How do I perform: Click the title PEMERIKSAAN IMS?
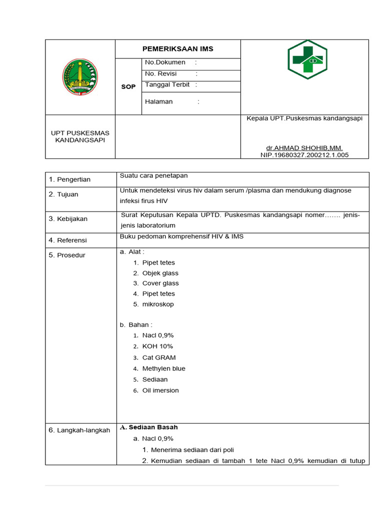tap(178, 48)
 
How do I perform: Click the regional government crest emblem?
tap(80, 77)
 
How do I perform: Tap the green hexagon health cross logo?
tap(307, 60)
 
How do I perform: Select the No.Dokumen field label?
tap(165, 62)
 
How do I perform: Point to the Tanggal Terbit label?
tap(167, 85)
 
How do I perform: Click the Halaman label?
tap(158, 101)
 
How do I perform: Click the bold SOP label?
tap(128, 86)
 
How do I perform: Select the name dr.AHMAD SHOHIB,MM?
tap(304, 148)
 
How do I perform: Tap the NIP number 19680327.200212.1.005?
tap(304, 155)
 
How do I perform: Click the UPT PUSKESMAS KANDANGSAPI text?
tap(80, 136)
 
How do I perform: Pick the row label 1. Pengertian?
tap(69, 179)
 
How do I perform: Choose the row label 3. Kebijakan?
tap(68, 218)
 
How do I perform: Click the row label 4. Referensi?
tap(67, 240)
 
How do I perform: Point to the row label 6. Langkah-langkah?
tap(79, 430)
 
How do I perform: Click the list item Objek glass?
tap(160, 273)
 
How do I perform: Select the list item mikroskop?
tap(158, 304)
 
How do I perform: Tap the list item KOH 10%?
tap(157, 346)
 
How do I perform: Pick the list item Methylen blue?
tap(163, 368)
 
